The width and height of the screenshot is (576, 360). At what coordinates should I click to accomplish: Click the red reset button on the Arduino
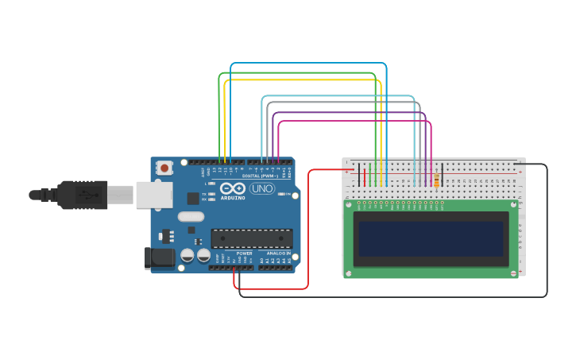164,168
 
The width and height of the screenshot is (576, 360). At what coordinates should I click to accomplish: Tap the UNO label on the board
262,188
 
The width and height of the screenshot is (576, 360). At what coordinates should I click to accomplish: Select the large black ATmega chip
251,238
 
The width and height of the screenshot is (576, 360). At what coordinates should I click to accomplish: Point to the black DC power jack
159,257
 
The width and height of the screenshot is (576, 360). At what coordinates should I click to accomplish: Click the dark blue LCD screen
431,238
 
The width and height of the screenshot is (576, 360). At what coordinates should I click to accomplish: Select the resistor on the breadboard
436,181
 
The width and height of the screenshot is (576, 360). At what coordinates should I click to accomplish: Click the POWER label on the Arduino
244,254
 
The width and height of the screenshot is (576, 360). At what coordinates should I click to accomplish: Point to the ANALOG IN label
277,254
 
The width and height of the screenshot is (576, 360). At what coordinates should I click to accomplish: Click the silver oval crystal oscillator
191,216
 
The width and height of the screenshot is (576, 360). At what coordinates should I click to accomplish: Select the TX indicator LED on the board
211,194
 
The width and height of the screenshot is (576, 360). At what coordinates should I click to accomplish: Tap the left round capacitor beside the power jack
187,255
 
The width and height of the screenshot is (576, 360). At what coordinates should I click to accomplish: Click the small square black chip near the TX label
193,199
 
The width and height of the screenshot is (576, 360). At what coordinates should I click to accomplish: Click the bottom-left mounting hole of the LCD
348,273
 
